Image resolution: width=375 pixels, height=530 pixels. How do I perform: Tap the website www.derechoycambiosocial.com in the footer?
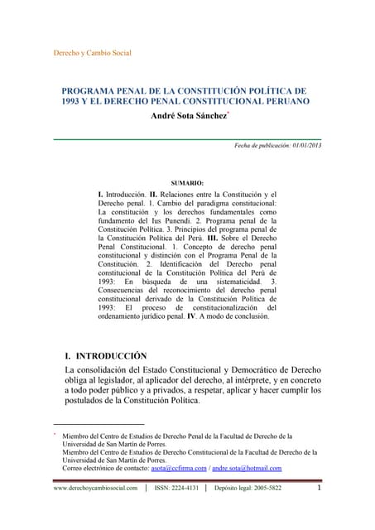(x=95, y=489)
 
